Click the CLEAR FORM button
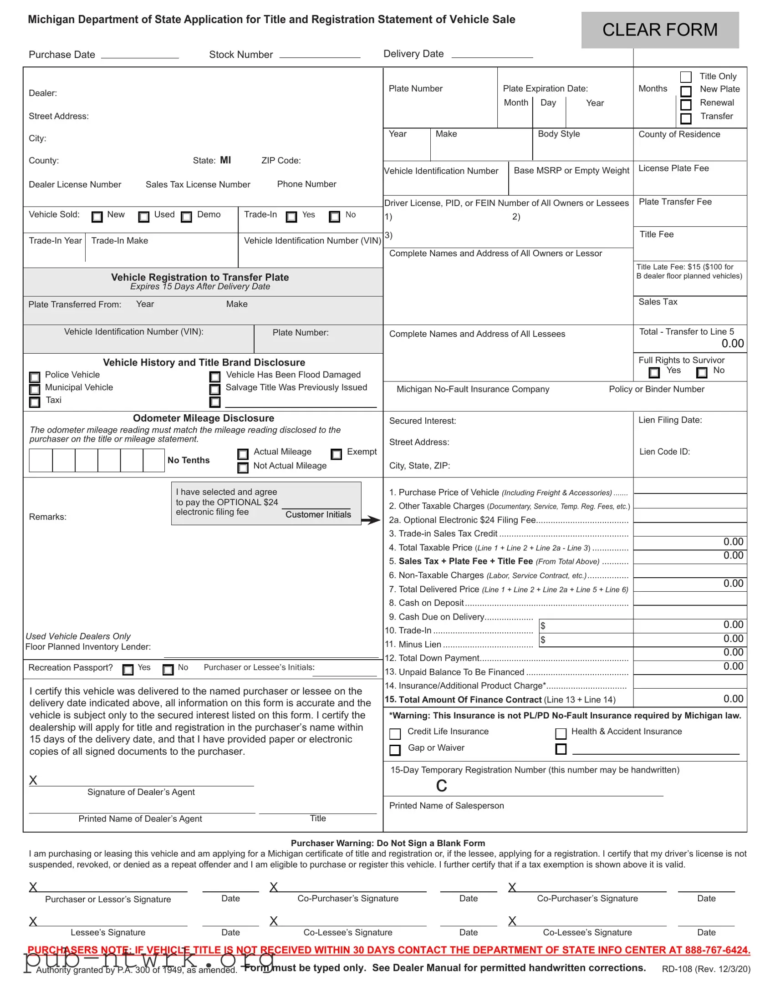click(x=660, y=30)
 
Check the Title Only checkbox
click(x=686, y=77)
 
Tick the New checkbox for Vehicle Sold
click(x=97, y=217)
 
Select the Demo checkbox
click(x=186, y=217)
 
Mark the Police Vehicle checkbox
click(x=35, y=377)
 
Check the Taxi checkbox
click(x=35, y=402)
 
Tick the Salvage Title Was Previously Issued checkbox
click(x=215, y=390)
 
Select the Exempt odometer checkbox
click(x=337, y=454)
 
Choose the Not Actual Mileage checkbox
click(x=243, y=468)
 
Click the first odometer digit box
click(x=41, y=460)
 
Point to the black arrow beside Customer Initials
click(x=371, y=520)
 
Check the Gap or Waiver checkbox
click(x=395, y=750)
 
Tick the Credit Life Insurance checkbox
click(x=395, y=733)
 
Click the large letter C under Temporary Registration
click(x=442, y=786)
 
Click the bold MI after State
click(x=225, y=160)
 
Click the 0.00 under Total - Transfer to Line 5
click(x=733, y=343)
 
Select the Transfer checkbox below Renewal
click(x=686, y=118)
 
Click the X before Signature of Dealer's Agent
click(x=33, y=780)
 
